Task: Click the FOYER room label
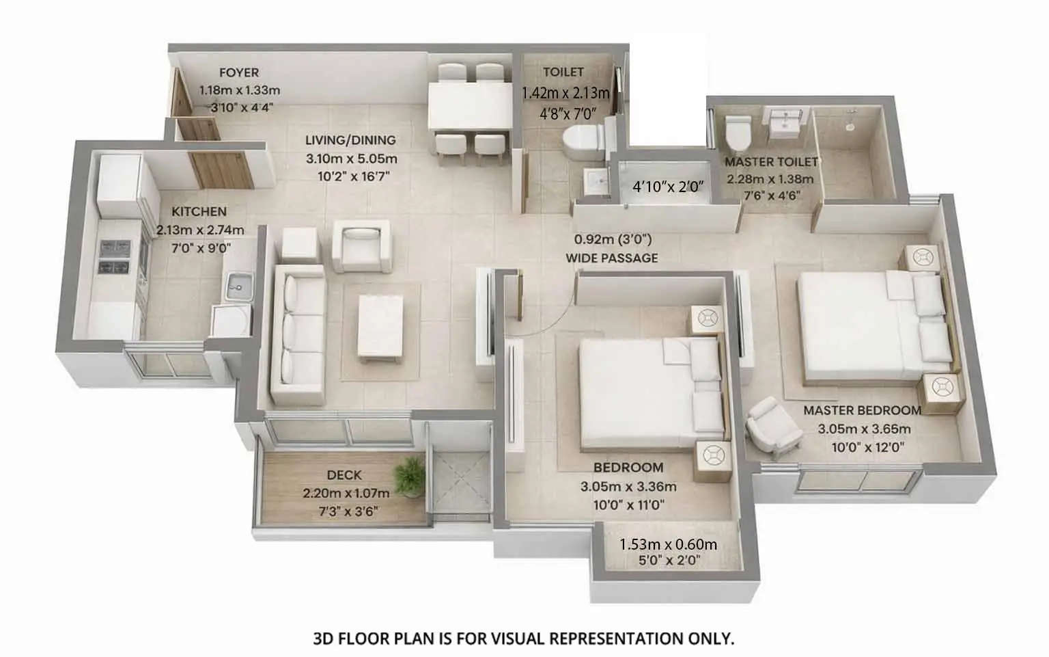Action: [x=239, y=72]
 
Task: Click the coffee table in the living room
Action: [x=380, y=325]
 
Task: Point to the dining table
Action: [x=469, y=107]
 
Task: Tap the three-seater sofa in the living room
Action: [x=298, y=335]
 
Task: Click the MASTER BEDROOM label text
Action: [x=862, y=410]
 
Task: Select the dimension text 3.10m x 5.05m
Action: [x=351, y=159]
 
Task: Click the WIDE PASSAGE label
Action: [x=611, y=258]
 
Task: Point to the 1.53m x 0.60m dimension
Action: [x=668, y=544]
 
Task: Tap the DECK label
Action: [x=344, y=474]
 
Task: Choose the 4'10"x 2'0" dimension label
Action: [x=667, y=187]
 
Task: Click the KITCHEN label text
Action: [x=199, y=211]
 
